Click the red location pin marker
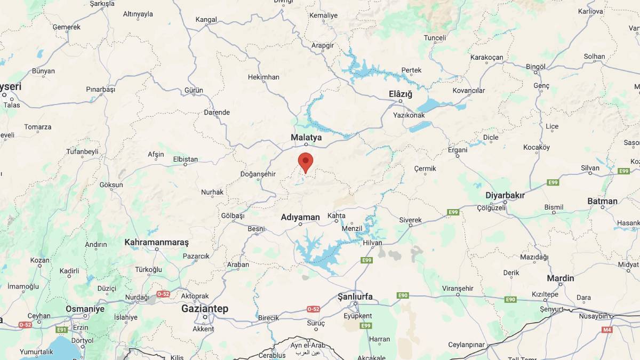click(305, 161)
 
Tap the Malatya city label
click(306, 138)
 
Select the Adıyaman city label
click(300, 217)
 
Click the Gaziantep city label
click(205, 309)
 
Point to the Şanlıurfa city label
click(355, 297)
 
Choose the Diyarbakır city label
click(505, 196)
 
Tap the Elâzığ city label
click(401, 94)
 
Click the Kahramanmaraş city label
click(157, 242)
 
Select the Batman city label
click(602, 201)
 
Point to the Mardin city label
click(560, 278)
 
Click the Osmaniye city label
click(85, 309)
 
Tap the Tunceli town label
click(435, 38)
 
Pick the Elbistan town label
click(186, 159)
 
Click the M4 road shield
click(607, 330)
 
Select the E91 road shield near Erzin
click(62, 330)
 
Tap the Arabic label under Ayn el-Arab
click(308, 353)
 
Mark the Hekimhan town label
click(263, 77)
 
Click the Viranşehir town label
click(458, 289)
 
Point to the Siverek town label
click(410, 220)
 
